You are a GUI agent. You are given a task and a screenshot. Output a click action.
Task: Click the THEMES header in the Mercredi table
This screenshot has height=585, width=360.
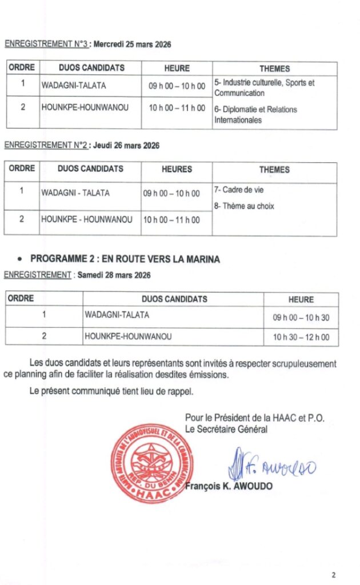[274, 69]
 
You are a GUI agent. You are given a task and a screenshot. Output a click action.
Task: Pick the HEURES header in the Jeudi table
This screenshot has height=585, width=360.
[177, 169]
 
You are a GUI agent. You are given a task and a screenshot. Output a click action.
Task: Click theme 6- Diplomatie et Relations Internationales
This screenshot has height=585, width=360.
[255, 114]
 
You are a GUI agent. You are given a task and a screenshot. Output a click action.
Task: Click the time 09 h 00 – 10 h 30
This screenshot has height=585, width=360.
[301, 318]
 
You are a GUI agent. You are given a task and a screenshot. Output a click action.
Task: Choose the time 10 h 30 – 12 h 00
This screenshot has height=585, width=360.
[301, 337]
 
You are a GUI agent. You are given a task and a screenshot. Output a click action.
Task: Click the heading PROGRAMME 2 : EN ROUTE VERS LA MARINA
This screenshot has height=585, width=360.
[125, 259]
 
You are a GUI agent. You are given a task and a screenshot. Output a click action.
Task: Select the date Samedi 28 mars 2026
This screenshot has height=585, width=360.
[114, 275]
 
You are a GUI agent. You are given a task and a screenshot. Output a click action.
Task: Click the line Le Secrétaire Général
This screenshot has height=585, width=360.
[226, 429]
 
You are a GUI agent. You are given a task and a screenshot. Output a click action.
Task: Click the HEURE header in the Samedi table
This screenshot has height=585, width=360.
[301, 299]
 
